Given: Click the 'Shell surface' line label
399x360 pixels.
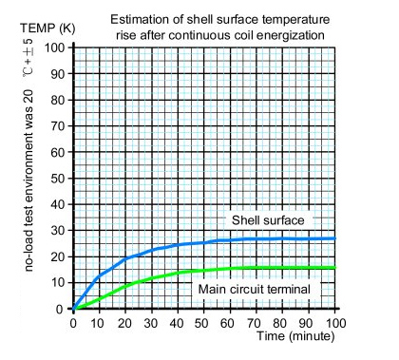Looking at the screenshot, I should tap(268, 220).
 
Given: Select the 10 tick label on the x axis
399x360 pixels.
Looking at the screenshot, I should tap(100, 324).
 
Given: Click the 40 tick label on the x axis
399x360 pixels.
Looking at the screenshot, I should tap(179, 324).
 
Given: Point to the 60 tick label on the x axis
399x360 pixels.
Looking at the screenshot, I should tap(232, 324).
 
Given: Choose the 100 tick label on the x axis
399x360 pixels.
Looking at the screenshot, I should tap(336, 324).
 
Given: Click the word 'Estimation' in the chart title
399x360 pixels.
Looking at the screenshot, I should tap(141, 19).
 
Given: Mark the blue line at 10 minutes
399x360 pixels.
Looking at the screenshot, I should tap(100, 276).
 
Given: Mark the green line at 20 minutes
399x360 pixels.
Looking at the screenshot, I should tap(126, 284).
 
